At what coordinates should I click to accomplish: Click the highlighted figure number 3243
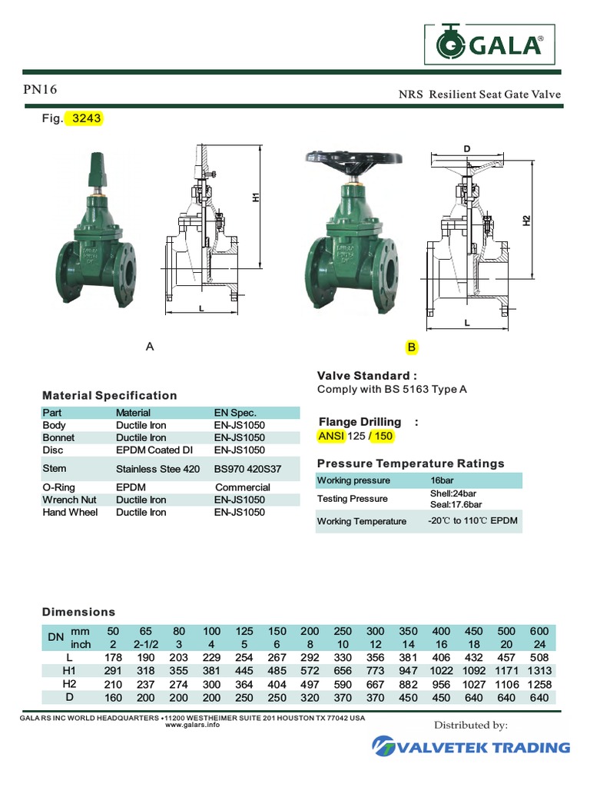pyautogui.click(x=86, y=119)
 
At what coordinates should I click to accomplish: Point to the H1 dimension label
pyautogui.click(x=257, y=197)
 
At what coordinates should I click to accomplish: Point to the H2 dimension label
pyautogui.click(x=526, y=221)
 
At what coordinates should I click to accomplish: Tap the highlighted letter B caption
pyautogui.click(x=412, y=347)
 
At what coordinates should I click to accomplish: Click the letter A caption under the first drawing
pyautogui.click(x=151, y=347)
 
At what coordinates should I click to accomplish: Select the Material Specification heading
pyautogui.click(x=109, y=395)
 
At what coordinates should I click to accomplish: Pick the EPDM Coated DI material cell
pyautogui.click(x=154, y=450)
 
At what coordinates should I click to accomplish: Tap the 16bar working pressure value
pyautogui.click(x=444, y=480)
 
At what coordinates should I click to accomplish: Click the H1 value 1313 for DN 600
pyautogui.click(x=540, y=671)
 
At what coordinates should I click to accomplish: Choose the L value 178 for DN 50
pyautogui.click(x=114, y=658)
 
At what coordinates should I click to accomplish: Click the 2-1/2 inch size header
pyautogui.click(x=145, y=644)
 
